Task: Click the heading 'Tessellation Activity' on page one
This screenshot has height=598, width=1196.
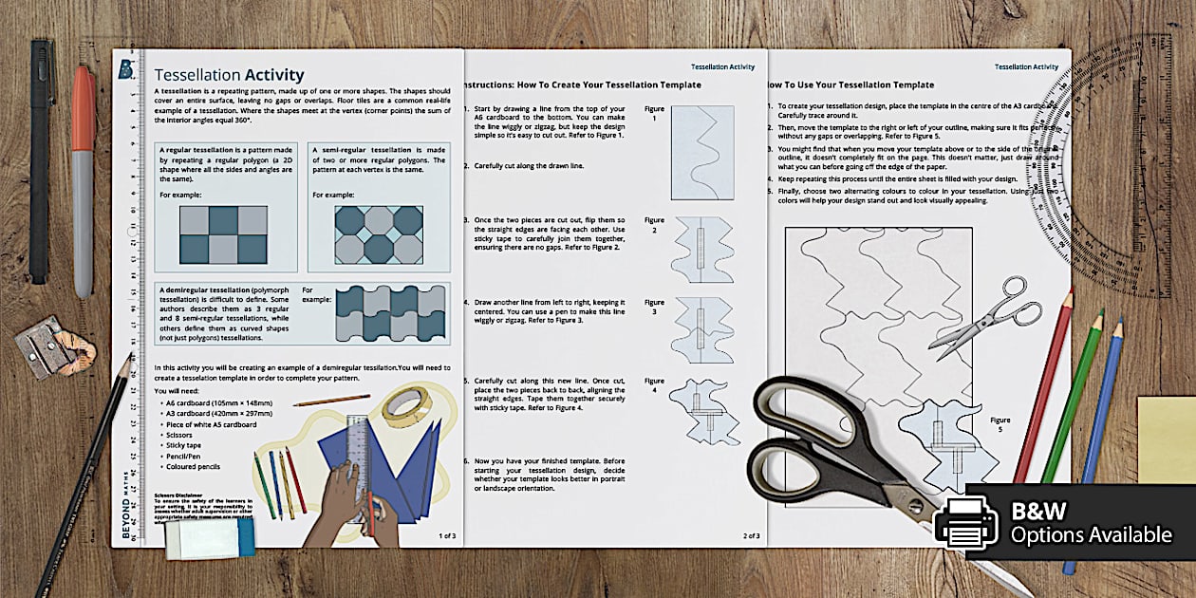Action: (x=229, y=75)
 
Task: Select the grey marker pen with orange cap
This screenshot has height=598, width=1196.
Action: (x=84, y=180)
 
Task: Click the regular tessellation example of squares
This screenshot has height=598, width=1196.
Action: (x=224, y=234)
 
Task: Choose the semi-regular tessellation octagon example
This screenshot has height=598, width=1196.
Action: (x=379, y=234)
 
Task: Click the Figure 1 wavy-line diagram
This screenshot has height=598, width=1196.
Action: (x=702, y=152)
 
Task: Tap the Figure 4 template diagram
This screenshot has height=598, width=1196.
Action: (x=703, y=410)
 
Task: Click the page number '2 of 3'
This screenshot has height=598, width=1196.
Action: (x=752, y=535)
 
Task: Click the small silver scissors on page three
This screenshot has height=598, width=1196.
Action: (x=979, y=315)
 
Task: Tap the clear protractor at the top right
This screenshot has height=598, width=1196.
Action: (x=1134, y=161)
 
